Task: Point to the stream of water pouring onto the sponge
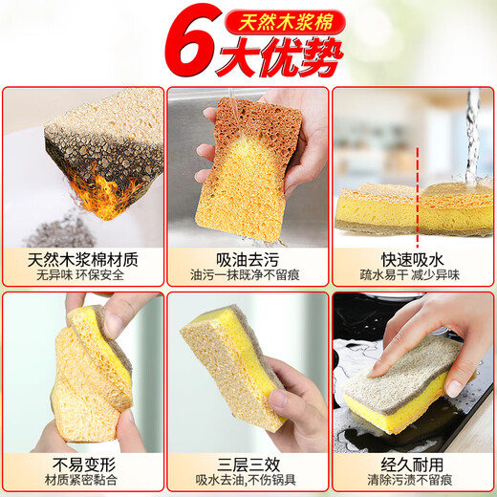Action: click(470, 134)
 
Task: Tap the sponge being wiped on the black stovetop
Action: click(406, 378)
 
